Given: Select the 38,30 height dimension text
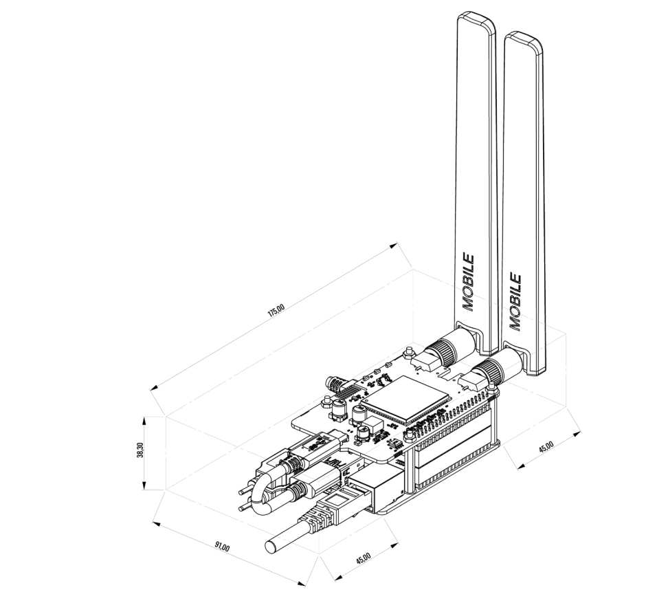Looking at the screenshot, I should click(x=140, y=452).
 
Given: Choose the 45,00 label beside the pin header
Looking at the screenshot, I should click(x=546, y=448).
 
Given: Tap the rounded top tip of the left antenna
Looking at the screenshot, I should click(x=477, y=16).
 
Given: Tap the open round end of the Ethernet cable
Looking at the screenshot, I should click(x=270, y=547).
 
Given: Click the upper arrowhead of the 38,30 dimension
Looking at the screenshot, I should click(x=144, y=419).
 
